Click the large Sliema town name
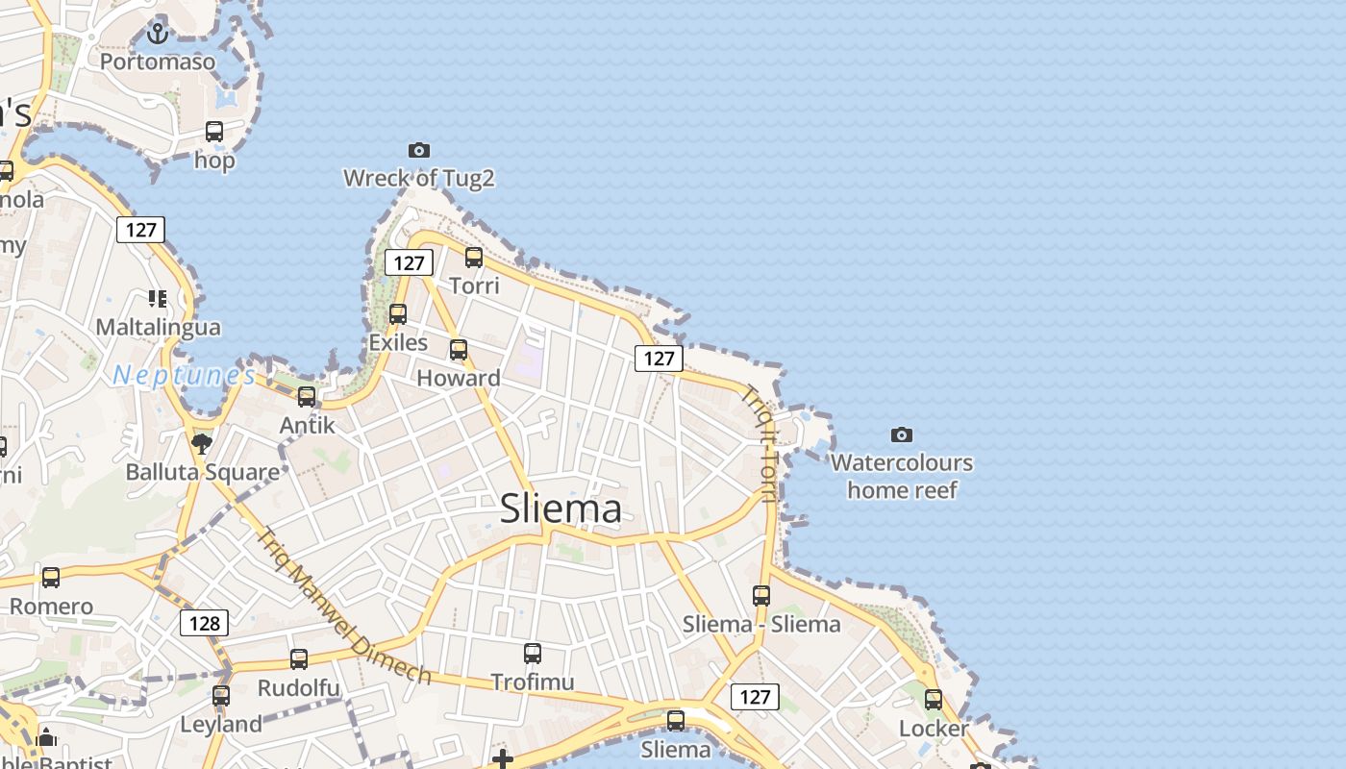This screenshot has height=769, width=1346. (561, 509)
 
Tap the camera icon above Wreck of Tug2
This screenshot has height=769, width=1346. (418, 150)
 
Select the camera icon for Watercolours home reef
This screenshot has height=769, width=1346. (901, 434)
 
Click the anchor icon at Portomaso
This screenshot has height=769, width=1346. (158, 34)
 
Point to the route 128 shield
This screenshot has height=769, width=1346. (204, 623)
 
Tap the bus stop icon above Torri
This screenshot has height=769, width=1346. (474, 258)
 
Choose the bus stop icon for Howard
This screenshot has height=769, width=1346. (459, 350)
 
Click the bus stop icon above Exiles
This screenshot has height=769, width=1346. (398, 314)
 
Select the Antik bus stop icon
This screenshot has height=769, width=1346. (307, 396)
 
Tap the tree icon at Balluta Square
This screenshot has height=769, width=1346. (202, 443)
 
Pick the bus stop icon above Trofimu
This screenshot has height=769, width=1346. (533, 654)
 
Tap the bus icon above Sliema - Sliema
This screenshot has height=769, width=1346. (761, 596)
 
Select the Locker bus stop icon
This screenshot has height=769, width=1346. (934, 700)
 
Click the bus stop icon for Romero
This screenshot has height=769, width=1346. (51, 578)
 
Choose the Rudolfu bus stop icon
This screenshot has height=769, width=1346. (299, 659)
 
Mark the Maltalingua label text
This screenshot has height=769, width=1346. (158, 327)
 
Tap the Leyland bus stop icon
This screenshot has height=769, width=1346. (221, 695)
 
